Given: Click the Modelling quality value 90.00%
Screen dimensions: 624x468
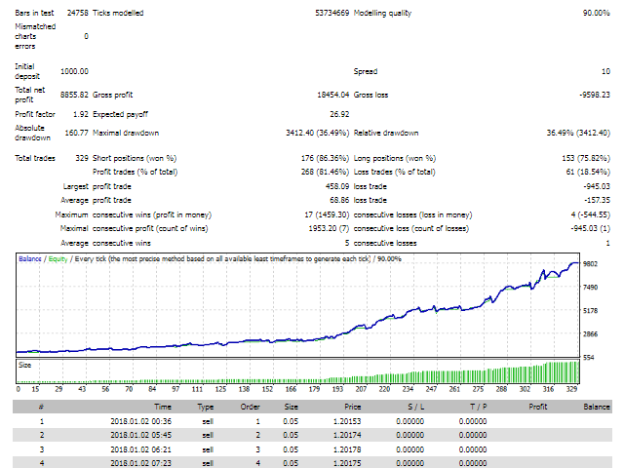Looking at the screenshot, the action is pos(596,13).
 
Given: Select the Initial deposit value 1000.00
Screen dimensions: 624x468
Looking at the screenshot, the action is pos(74,71).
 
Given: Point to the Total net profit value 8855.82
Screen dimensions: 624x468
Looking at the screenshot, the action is pos(74,95).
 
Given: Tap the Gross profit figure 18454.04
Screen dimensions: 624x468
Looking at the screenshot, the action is pos(333,95).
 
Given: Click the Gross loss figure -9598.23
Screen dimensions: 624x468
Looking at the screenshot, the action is pos(595,95).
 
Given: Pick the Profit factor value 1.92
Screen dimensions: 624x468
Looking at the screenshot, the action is pos(81,114).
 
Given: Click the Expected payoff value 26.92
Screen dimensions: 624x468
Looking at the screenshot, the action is pos(339,114).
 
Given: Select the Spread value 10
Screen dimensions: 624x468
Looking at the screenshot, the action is pos(605,71).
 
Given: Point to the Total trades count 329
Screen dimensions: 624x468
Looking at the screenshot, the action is pos(82,158).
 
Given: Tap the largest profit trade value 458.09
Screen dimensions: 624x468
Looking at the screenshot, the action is pos(337,186).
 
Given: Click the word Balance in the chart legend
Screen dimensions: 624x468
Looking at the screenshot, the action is pos(30,259).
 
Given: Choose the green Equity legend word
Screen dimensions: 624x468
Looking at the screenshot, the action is pos(58,259).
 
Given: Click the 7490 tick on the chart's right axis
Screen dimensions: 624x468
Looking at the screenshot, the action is pos(591,288).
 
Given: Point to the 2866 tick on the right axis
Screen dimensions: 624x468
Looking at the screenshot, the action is pos(591,334).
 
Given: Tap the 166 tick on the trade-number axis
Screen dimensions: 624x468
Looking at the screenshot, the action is pos(291,389).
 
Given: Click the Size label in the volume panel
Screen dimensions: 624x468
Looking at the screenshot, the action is pos(24,365).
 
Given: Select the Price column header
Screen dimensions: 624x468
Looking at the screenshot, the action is pos(353,407).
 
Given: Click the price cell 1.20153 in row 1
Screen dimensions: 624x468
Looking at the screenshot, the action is pos(347,421).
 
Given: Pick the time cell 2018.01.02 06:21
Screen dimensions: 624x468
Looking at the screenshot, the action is pos(140,449).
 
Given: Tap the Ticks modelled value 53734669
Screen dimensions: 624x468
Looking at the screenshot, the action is pos(331,13).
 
